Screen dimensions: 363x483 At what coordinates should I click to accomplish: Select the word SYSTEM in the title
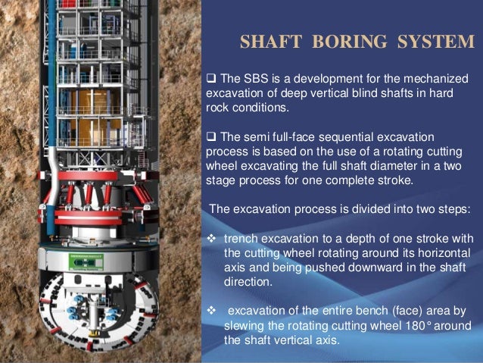pos(431,42)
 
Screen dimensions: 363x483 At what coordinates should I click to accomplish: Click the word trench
pos(242,236)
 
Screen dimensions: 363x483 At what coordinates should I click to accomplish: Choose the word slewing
pos(243,326)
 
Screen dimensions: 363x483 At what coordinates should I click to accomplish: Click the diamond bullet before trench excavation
pos(212,236)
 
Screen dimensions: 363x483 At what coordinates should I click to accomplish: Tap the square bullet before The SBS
pos(211,80)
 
